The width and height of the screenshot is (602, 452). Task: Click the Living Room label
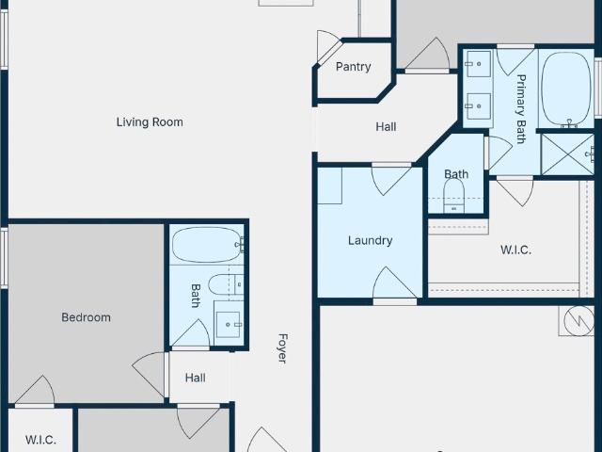[150, 122]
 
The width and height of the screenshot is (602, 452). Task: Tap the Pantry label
[354, 67]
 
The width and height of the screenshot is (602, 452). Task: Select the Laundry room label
[370, 241]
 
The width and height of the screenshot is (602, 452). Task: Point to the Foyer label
[282, 348]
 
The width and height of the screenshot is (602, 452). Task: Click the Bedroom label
[86, 317]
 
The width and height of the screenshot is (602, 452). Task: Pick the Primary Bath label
[521, 109]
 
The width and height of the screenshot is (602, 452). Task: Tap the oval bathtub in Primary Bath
[565, 89]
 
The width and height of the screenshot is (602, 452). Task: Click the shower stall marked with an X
[567, 154]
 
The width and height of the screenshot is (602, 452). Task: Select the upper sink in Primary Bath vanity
[478, 64]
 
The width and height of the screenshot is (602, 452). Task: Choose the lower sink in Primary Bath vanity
[478, 106]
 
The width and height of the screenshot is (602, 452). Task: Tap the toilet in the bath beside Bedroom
[226, 285]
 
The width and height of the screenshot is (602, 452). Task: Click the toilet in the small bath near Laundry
[453, 196]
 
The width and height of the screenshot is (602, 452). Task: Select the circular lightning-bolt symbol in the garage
[579, 320]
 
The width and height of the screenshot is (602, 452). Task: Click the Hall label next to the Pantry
[386, 127]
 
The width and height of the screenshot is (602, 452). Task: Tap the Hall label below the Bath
[195, 378]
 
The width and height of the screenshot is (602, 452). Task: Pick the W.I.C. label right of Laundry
[516, 250]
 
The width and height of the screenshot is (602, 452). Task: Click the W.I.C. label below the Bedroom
[40, 440]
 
